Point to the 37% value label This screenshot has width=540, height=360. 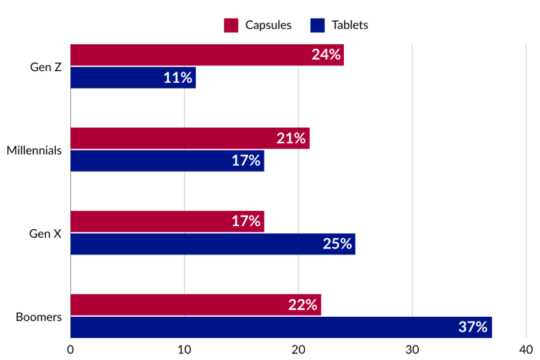coord(473,327)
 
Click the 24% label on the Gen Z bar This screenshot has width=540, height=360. coord(326,55)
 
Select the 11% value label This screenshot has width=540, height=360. coord(178,77)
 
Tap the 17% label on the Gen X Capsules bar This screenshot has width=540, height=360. coord(246,221)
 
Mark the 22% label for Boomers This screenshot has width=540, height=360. coord(302,305)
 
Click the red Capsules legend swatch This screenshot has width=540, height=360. coord(231,25)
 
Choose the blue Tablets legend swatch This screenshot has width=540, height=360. coord(317,25)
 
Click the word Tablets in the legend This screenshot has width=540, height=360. coord(350,25)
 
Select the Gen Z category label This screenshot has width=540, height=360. coord(46,67)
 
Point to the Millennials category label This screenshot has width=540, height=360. coord(34,150)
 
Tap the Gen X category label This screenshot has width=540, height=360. coord(46,233)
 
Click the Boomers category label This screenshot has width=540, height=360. coord(38,316)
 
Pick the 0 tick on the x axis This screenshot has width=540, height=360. coord(71,349)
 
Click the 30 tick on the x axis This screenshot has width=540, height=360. coord(412,349)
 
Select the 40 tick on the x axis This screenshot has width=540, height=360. coord(526,349)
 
